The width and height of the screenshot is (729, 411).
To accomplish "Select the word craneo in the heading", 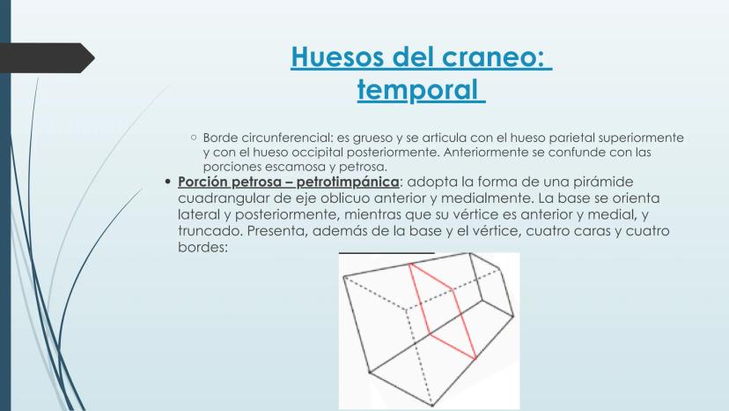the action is point(493,56).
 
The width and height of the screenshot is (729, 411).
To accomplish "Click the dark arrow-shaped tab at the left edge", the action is point(47,58).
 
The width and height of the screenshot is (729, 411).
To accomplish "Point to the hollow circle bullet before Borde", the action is point(194,138).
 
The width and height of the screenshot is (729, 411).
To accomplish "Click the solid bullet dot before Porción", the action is point(168,182).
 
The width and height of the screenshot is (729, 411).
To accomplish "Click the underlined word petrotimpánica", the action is point(348,183).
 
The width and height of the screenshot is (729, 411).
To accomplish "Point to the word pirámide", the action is point(607,182).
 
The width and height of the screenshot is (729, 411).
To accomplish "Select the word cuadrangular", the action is point(223,199).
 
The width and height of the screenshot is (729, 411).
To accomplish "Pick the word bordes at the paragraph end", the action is point(202,248).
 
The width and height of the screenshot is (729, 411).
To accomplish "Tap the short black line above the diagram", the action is point(387,253).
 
